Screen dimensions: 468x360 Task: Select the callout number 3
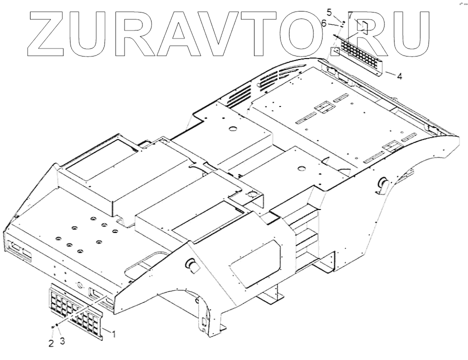pos(62,341)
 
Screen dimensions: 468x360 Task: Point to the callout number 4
pos(398,75)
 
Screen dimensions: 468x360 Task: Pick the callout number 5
pos(329,11)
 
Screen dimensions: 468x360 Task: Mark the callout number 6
pos(324,23)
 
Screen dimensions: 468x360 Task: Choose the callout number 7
pos(350,15)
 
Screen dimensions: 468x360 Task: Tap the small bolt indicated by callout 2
pos(52,327)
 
